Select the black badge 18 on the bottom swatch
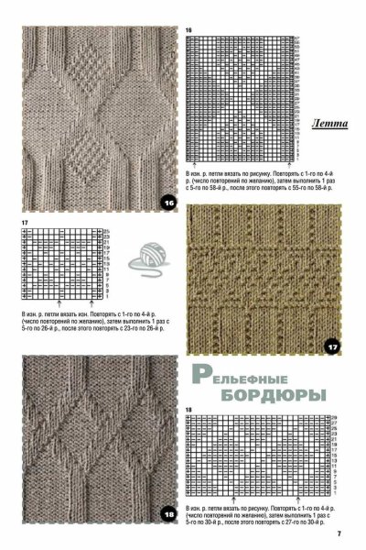coord(169,515)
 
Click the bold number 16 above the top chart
coord(188,30)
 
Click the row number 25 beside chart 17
coord(106,229)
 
